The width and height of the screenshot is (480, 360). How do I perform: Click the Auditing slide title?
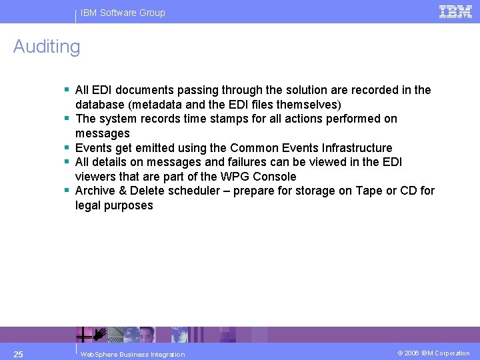47,47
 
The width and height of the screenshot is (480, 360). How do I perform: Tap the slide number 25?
19,353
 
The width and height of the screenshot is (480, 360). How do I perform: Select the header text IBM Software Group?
123,13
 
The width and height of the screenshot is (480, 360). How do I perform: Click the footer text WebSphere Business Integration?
132,354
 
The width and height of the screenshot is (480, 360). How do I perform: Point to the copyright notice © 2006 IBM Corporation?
433,353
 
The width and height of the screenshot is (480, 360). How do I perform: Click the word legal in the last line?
88,205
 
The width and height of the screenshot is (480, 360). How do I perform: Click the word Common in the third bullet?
254,148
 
